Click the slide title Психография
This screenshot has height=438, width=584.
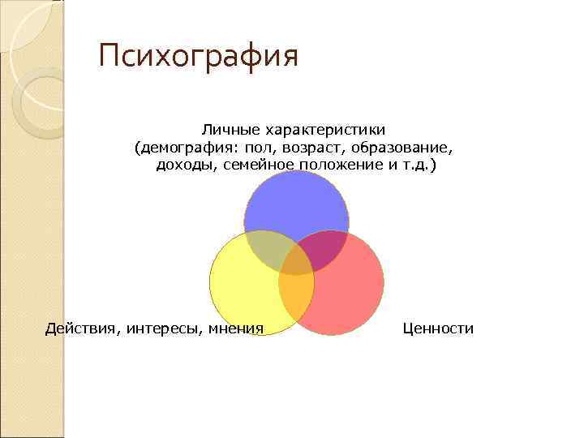pyautogui.click(x=199, y=57)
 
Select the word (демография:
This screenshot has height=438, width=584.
pyautogui.click(x=186, y=148)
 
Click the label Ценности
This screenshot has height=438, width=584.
pyautogui.click(x=437, y=328)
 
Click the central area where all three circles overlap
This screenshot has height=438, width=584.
pyautogui.click(x=296, y=264)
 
